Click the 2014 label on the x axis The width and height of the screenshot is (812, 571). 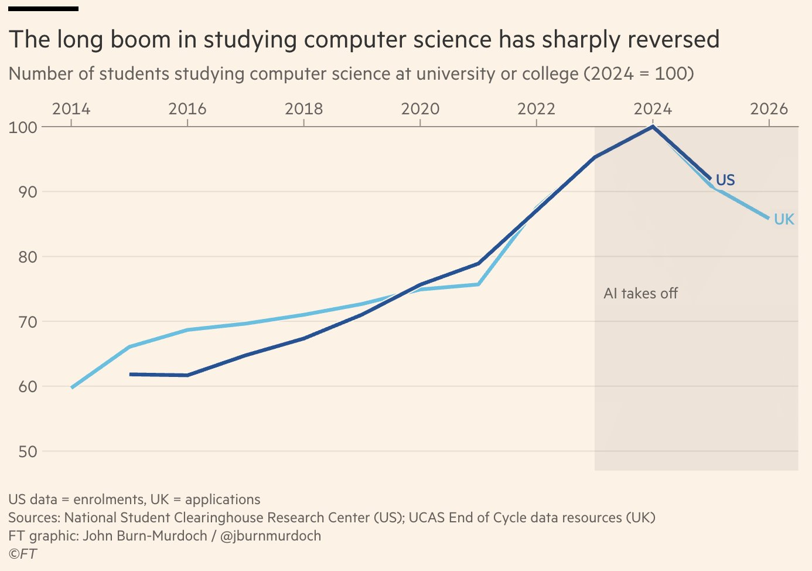point(71,109)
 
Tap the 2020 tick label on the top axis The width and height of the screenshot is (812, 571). point(420,109)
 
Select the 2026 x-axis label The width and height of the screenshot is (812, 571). point(769,109)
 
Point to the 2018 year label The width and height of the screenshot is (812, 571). point(304,109)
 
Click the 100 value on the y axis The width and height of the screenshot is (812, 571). point(23,128)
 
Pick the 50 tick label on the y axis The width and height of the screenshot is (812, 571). point(28,451)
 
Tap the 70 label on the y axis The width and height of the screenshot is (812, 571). point(28,322)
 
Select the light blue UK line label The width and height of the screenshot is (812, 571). point(784,219)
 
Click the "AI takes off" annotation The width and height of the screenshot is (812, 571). point(640,293)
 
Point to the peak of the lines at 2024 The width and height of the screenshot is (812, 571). point(653,127)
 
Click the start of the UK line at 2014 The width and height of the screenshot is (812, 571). point(72,388)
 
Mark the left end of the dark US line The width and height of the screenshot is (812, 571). point(130,374)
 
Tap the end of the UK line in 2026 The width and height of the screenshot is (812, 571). point(768,218)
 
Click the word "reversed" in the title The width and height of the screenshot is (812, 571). point(674,39)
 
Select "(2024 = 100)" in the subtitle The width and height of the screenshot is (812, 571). point(639,74)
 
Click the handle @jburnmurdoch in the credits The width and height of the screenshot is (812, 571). point(271,536)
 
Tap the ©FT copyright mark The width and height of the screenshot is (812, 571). point(22,554)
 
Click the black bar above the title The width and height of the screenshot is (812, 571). point(43,9)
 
